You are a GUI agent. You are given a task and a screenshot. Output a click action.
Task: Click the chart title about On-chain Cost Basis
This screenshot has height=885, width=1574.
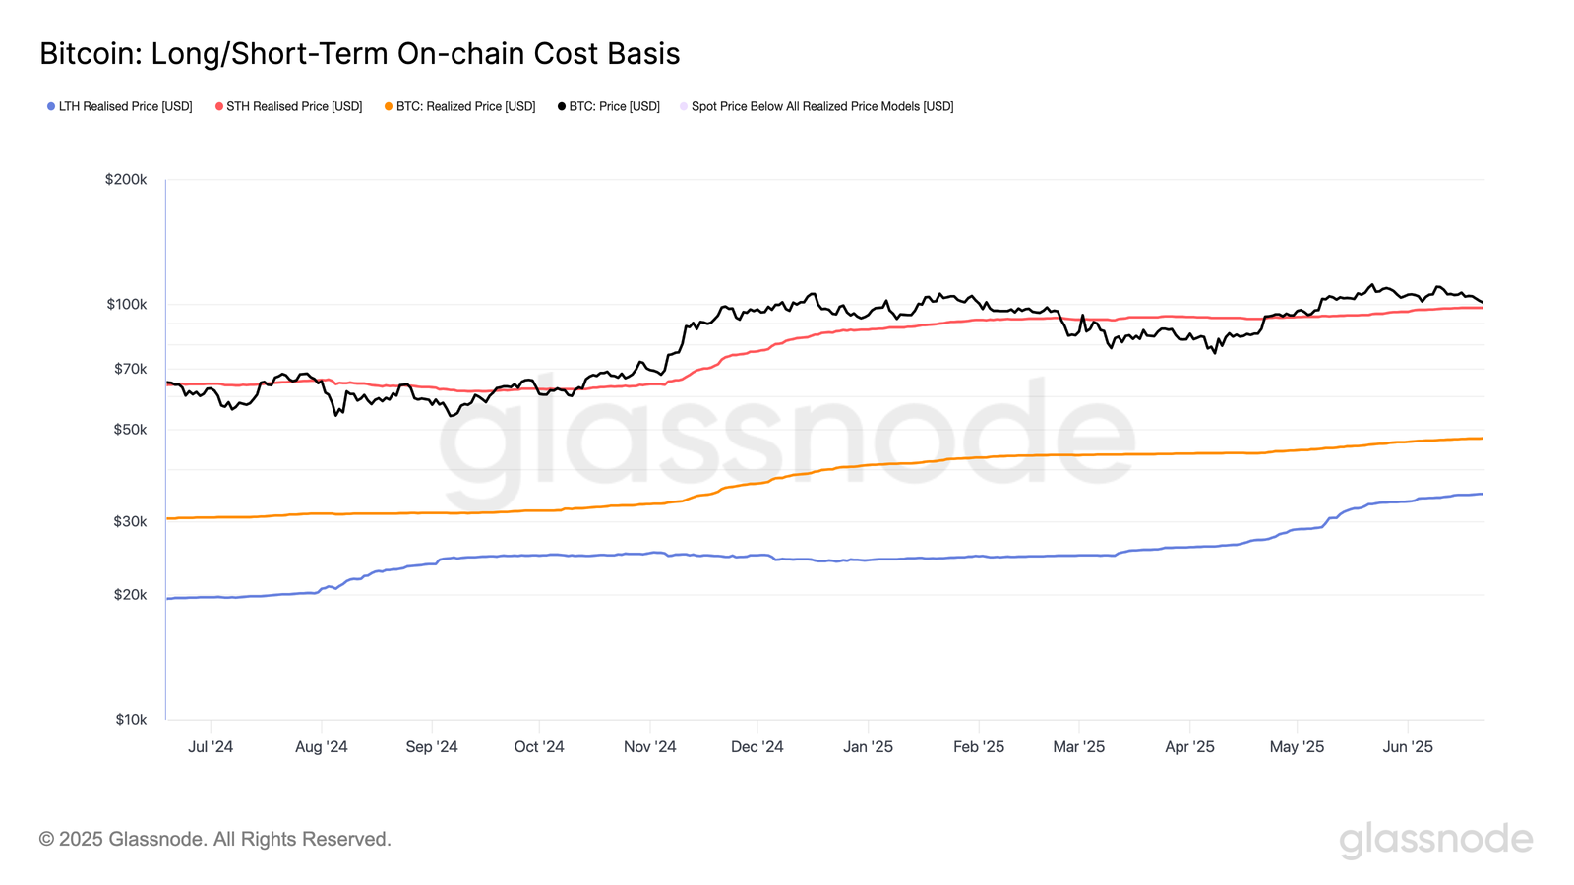pyautogui.click(x=359, y=53)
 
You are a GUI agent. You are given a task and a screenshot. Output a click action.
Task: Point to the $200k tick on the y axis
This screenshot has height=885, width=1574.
pyautogui.click(x=126, y=179)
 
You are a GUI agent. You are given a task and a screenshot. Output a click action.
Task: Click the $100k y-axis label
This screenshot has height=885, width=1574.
pyautogui.click(x=127, y=304)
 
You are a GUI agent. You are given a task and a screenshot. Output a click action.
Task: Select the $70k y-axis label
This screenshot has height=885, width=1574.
pyautogui.click(x=130, y=369)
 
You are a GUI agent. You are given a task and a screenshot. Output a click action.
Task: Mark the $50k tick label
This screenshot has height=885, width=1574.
pyautogui.click(x=130, y=430)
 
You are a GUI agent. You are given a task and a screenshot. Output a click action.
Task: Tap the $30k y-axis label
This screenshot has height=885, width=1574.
pyautogui.click(x=130, y=521)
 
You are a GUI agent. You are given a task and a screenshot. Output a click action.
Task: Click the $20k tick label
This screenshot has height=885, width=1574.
pyautogui.click(x=130, y=594)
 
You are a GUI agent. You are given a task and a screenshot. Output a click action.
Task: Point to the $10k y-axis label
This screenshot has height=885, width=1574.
pyautogui.click(x=130, y=719)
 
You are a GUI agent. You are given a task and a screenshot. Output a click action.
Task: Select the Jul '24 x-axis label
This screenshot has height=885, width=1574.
pyautogui.click(x=211, y=747)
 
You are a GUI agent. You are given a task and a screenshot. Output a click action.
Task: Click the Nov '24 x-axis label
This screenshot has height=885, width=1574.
pyautogui.click(x=649, y=747)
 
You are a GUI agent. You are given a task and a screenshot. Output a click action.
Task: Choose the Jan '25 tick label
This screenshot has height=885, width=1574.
pyautogui.click(x=868, y=747)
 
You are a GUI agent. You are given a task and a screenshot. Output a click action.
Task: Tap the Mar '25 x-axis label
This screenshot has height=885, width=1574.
pyautogui.click(x=1078, y=747)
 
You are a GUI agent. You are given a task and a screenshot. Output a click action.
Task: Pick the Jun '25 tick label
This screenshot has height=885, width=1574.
pyautogui.click(x=1408, y=747)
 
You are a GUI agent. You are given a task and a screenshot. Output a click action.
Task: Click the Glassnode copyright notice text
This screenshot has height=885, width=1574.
pyautogui.click(x=214, y=839)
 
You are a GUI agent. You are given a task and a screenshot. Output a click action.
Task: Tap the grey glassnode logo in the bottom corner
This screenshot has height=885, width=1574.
pyautogui.click(x=1435, y=840)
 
